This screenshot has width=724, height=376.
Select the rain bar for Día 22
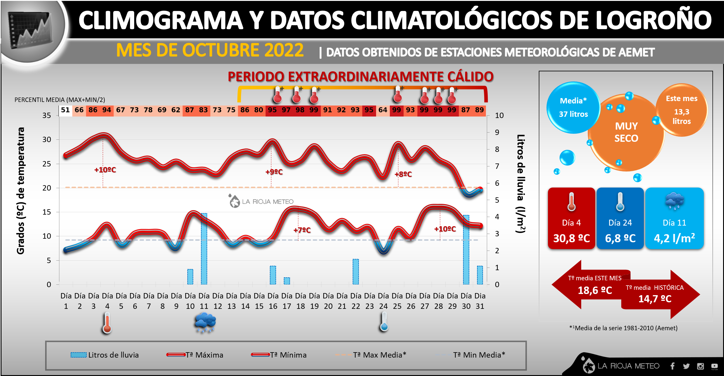coord(356,272)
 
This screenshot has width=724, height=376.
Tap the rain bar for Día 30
coord(466,250)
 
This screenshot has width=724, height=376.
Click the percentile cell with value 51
coord(65,110)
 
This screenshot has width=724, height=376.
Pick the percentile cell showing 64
coord(383,110)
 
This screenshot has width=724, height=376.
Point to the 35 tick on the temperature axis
coord(47,115)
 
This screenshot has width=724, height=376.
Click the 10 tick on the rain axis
coord(499,115)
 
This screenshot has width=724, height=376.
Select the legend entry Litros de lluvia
coord(105,355)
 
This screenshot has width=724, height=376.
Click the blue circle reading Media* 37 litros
coord(573,108)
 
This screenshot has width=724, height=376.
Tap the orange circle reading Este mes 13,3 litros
coord(682,110)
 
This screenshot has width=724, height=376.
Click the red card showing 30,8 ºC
coord(571,218)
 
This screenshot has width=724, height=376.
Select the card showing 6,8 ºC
coord(620,218)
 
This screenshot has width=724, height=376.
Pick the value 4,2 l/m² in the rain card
coord(674,238)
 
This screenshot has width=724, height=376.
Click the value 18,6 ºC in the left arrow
coord(595,290)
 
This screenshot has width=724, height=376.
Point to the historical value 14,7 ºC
coord(655,299)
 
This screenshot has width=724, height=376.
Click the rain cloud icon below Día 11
coord(205,322)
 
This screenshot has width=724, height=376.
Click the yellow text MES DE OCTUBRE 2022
coord(210,50)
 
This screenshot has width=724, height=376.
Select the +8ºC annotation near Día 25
coord(403,174)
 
